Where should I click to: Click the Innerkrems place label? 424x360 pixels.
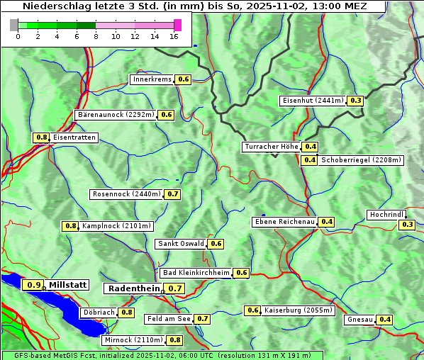pos(152,79)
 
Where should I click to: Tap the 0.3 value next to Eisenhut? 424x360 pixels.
pos(356,101)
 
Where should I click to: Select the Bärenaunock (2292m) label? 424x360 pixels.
pos(116,114)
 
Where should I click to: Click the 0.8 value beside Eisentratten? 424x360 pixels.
pos(41,137)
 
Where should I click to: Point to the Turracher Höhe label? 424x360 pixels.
pos(271,147)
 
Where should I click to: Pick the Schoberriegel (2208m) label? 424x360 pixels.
pos(361,160)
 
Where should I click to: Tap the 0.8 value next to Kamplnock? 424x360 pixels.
pos(71,226)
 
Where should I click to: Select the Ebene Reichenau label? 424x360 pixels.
pos(284,222)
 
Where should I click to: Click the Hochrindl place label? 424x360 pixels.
pos(386,215)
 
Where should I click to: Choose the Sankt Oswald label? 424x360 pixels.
pos(181,244)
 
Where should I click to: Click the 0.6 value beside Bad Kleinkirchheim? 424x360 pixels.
pos(241,273)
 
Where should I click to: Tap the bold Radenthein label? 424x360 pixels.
pos(134,288)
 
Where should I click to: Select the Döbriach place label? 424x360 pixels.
pos(99,312)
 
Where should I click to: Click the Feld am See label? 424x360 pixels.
pos(169,319)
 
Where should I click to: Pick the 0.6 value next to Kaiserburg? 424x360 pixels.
pos(252,310)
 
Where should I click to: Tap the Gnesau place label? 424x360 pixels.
pos(359,320)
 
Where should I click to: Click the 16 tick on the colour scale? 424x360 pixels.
pos(174,36)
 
